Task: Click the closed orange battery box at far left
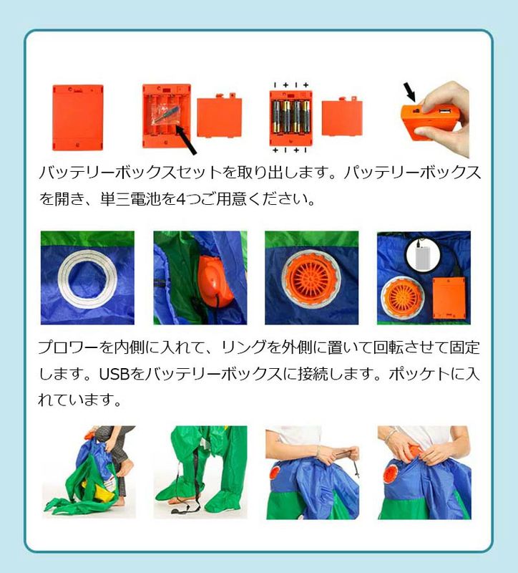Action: [78, 117]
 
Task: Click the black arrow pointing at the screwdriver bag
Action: [186, 140]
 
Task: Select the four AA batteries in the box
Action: [291, 117]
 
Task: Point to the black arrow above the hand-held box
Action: [409, 92]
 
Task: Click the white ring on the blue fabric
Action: [87, 279]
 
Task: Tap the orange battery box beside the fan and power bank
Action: [449, 298]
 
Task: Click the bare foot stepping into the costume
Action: [125, 468]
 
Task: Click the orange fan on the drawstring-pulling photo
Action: [275, 472]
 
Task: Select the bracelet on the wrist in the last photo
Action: [390, 435]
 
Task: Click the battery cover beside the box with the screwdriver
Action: [220, 116]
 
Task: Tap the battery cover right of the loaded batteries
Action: [342, 117]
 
